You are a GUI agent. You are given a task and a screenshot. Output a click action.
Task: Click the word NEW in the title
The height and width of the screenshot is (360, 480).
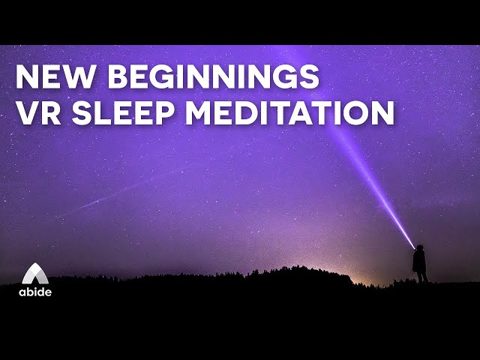click(x=51, y=77)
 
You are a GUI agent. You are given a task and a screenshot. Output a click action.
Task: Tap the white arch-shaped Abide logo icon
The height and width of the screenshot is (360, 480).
click(x=34, y=274)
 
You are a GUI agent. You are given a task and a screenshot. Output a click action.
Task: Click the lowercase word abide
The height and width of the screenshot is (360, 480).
click(x=35, y=292)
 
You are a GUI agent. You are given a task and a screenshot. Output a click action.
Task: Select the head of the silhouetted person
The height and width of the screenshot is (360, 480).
click(x=419, y=249)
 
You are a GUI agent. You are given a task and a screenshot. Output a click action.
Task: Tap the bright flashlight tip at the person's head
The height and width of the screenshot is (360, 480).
click(x=415, y=246)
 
